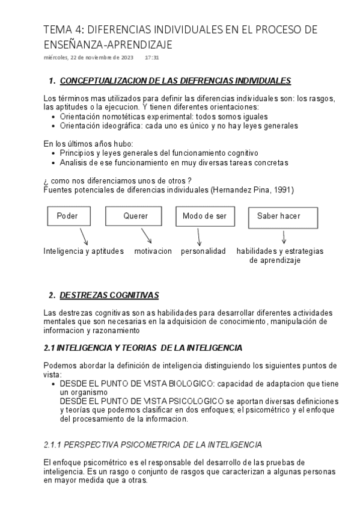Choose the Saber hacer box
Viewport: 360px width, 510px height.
(282, 217)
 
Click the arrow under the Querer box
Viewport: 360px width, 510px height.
(146, 236)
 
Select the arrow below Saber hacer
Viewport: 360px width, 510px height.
(283, 236)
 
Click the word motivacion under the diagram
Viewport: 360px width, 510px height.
(153, 251)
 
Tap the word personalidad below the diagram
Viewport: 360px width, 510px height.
(203, 251)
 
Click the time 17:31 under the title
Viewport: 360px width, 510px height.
(152, 58)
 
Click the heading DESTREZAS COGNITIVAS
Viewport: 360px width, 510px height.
(109, 295)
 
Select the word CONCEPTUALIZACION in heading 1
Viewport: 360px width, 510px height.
(99, 81)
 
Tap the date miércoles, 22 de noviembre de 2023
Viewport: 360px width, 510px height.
(89, 58)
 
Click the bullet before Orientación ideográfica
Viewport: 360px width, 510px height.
(55, 126)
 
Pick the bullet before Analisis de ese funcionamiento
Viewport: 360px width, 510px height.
(55, 162)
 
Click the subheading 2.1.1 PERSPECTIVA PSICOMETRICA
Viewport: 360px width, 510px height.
(153, 445)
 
